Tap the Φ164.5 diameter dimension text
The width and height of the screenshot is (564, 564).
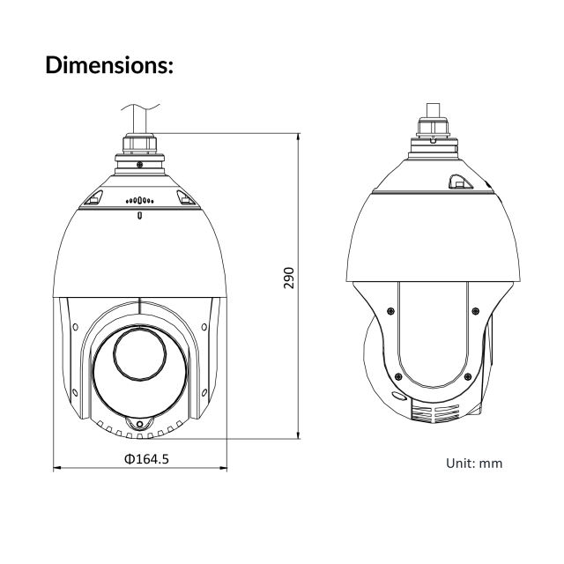(x=145, y=459)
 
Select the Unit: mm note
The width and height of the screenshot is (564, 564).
(x=476, y=462)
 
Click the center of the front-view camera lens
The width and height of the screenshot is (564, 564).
(x=138, y=361)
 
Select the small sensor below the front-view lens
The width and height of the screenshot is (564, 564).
(x=139, y=425)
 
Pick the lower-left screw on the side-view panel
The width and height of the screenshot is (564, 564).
(x=398, y=377)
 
